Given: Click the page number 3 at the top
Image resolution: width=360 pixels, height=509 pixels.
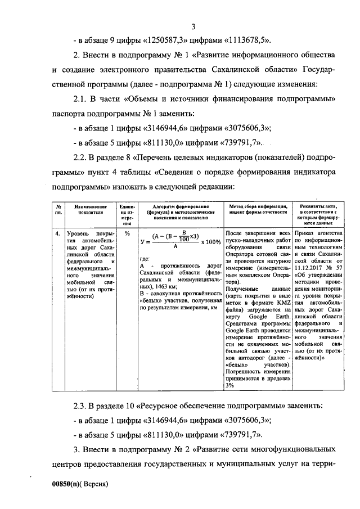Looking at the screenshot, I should point(193,26).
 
